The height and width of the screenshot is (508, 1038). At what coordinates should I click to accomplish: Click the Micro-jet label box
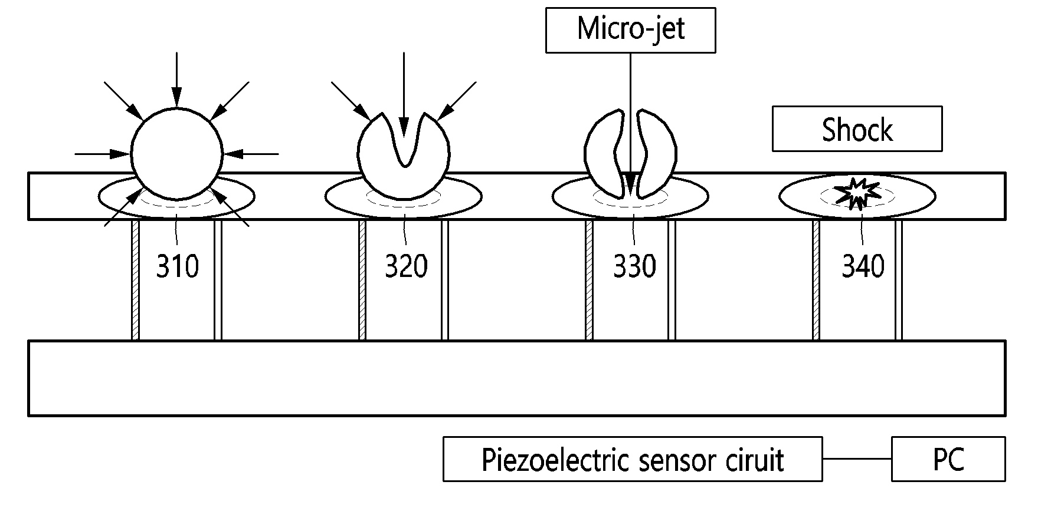[630, 30]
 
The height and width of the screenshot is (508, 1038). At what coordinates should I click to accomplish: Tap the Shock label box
[857, 128]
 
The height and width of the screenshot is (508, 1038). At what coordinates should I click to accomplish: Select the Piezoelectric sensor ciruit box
[633, 459]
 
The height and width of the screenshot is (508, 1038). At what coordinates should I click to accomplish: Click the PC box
[948, 459]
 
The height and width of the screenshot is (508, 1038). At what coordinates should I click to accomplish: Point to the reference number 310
[178, 266]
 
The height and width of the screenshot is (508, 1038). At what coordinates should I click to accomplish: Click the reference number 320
[406, 266]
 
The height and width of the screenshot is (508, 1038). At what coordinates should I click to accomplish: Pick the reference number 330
[634, 266]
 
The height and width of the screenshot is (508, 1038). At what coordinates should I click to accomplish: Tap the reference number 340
[863, 266]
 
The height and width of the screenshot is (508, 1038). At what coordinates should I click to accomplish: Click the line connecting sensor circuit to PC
[857, 459]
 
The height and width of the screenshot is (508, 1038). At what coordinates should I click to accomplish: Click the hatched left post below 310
[135, 280]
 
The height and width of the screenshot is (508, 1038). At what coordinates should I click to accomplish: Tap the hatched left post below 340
[816, 280]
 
